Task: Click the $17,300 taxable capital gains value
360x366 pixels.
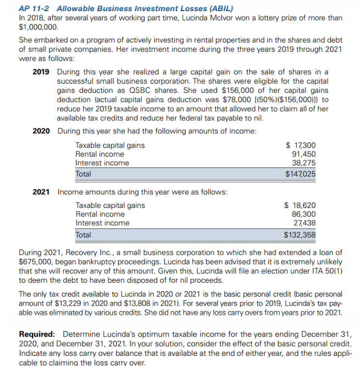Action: point(301,145)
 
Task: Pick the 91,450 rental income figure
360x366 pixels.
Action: point(304,154)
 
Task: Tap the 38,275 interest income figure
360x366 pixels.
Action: point(304,163)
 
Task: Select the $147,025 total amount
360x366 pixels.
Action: point(300,174)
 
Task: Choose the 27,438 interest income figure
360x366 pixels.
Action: point(304,223)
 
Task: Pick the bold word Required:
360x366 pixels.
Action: point(37,335)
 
